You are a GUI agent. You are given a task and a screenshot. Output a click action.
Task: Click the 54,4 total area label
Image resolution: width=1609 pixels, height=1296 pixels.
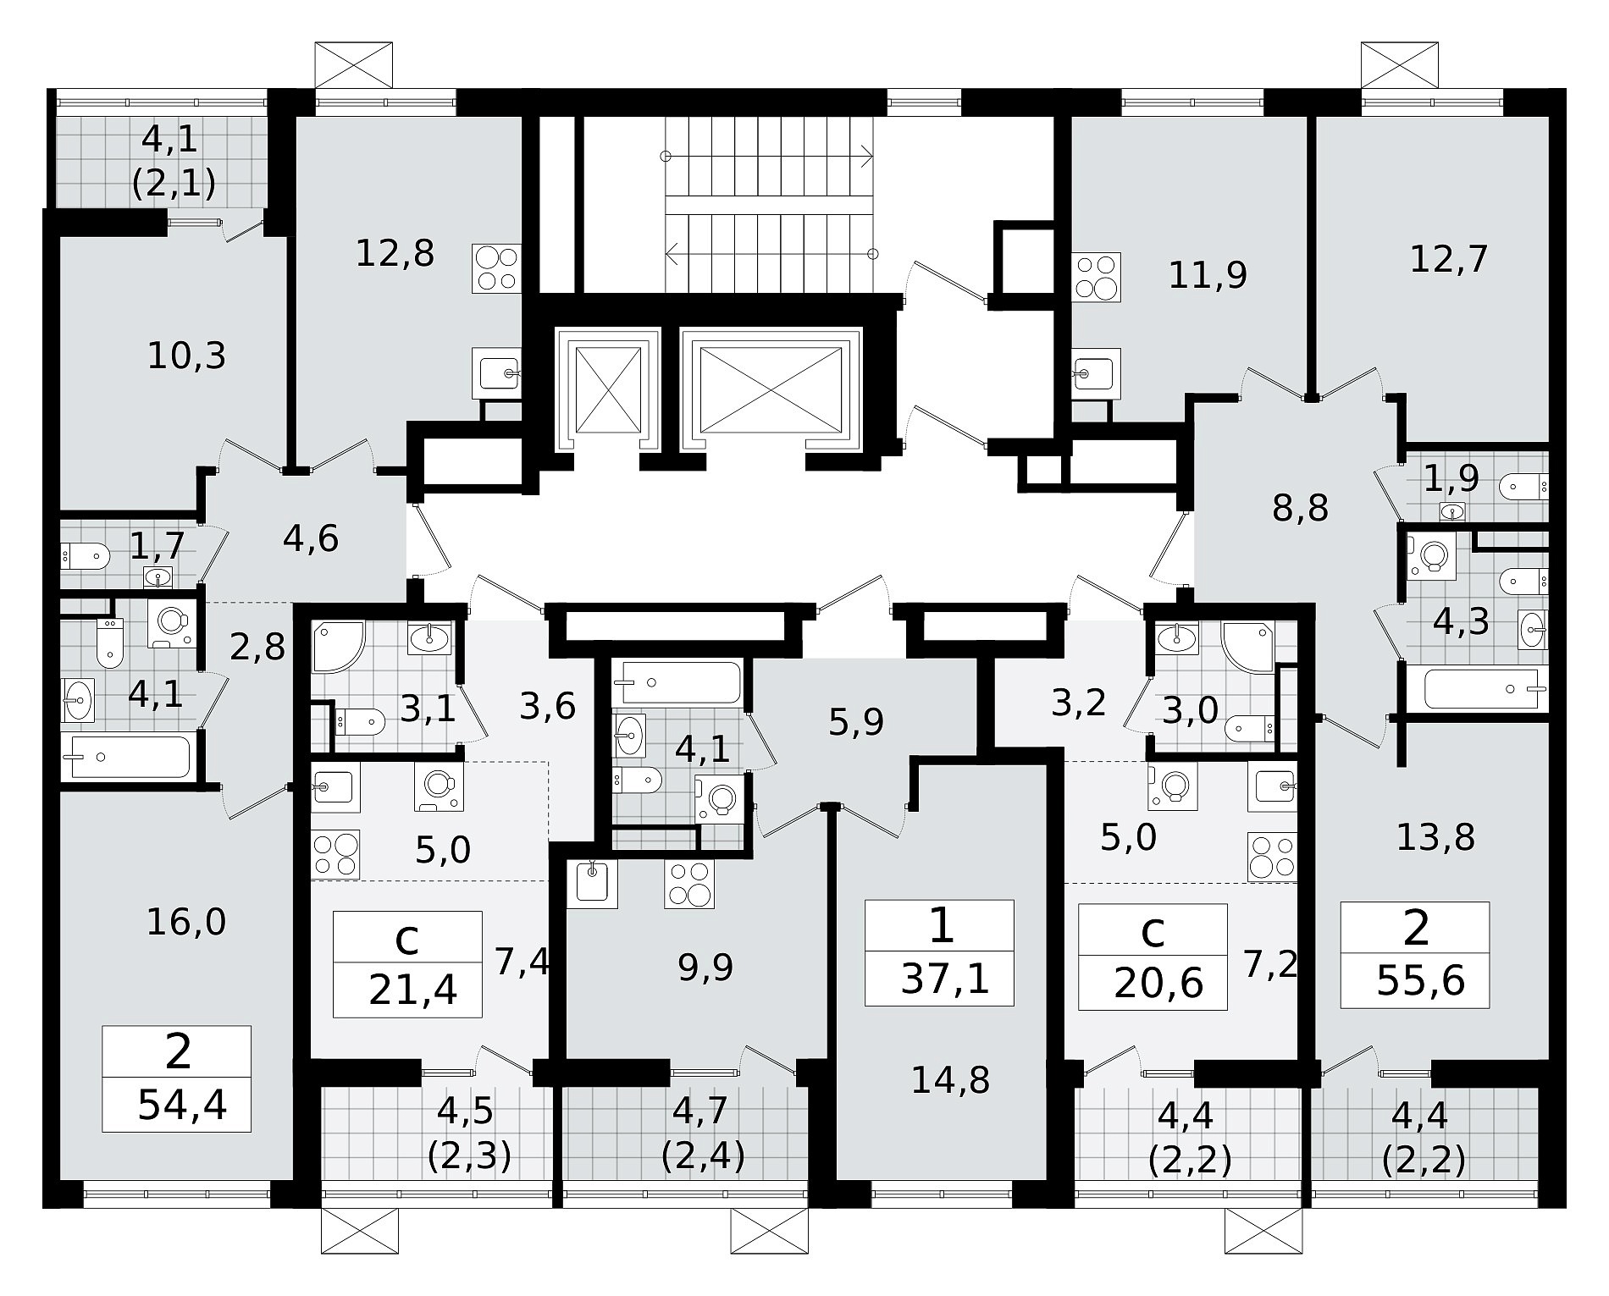point(182,1106)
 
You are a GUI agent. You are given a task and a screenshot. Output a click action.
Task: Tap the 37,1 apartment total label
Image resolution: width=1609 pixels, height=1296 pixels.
point(944,980)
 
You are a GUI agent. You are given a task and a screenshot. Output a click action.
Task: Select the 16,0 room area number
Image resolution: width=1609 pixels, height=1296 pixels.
point(186,922)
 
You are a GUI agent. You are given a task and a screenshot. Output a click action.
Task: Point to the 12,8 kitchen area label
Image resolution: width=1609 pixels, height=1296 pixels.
point(395,252)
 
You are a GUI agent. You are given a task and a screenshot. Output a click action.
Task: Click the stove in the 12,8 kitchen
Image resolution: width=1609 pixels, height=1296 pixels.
point(496,268)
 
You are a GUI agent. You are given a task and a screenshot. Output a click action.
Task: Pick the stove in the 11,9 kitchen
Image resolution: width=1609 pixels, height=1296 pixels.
point(1097,277)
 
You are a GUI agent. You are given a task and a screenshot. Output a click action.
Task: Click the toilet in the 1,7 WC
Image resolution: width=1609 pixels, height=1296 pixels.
point(86,557)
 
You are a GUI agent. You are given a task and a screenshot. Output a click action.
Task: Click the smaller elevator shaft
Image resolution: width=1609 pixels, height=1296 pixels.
point(607,389)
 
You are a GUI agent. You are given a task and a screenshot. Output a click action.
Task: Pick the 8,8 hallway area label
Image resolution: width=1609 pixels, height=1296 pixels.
point(1301,509)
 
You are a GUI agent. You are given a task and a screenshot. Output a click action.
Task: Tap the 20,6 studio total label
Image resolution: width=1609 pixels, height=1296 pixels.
point(1158,984)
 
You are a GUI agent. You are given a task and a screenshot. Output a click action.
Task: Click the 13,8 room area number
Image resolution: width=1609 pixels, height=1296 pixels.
point(1436,837)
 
